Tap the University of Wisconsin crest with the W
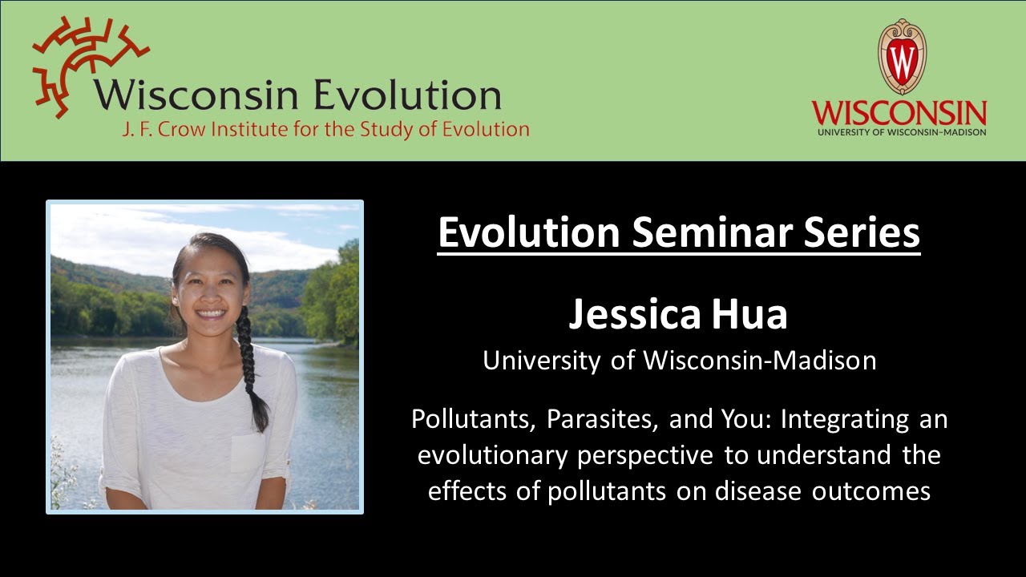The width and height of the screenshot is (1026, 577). (901, 56)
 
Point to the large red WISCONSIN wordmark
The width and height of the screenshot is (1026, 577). (899, 112)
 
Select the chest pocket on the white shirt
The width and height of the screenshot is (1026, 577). (246, 453)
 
